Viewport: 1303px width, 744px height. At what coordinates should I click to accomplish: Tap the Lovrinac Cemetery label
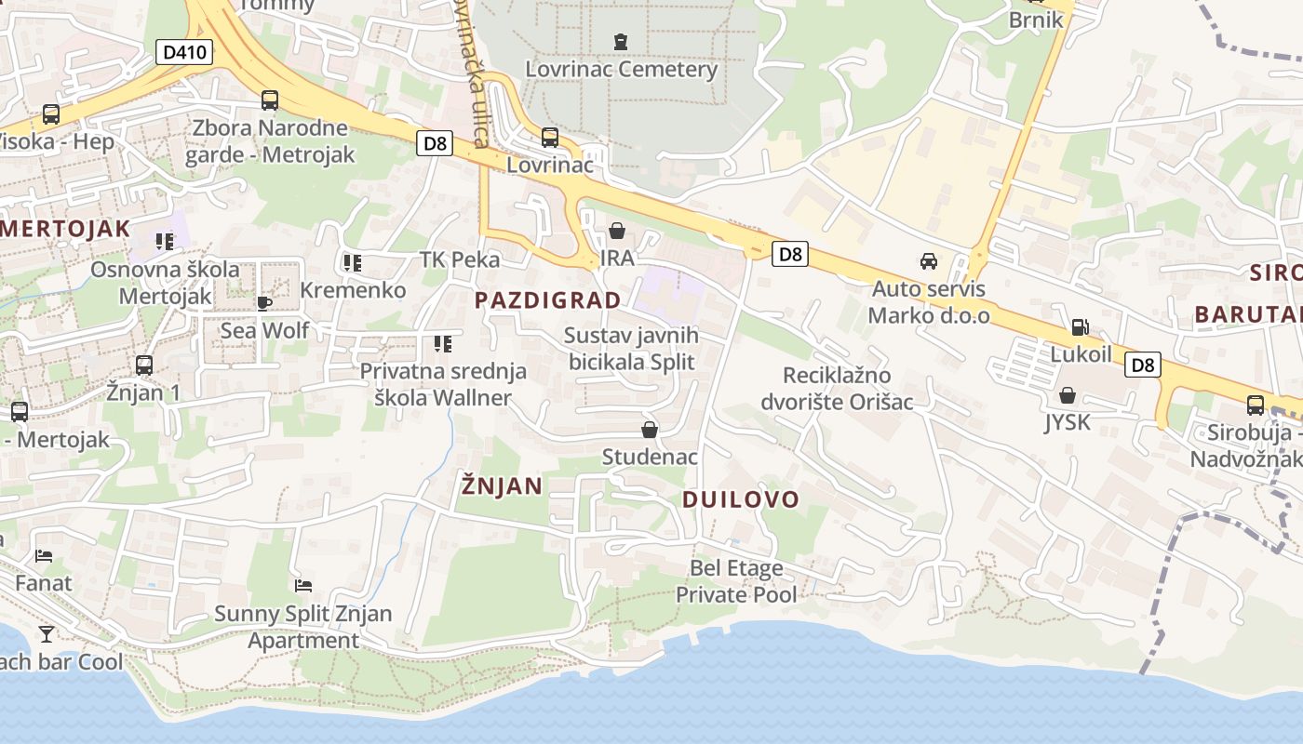[621, 69]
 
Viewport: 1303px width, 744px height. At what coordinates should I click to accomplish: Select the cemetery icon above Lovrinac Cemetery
[621, 41]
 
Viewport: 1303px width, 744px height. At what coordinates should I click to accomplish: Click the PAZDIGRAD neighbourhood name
[547, 299]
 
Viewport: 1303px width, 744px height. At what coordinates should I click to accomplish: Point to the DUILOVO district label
[741, 499]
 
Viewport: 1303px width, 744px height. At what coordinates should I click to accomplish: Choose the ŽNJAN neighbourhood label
[503, 485]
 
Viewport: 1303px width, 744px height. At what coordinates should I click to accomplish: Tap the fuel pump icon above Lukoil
[1080, 326]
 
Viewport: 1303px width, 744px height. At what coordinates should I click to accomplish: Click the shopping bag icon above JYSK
[1067, 395]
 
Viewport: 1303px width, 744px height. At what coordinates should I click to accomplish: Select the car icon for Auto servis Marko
[928, 260]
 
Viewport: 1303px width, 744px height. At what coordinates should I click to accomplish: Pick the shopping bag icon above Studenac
[650, 429]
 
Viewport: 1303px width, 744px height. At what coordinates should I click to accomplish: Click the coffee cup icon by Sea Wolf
[264, 302]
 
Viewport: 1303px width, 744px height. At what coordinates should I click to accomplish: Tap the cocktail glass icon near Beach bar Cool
[47, 634]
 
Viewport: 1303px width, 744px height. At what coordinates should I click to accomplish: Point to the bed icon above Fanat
[44, 556]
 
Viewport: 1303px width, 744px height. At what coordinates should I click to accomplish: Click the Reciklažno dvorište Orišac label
[837, 389]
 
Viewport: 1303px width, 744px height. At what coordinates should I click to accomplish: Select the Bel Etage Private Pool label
[736, 581]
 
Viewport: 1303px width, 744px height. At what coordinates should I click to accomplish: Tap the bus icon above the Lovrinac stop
[550, 138]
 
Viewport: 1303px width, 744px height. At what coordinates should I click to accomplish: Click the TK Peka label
[460, 259]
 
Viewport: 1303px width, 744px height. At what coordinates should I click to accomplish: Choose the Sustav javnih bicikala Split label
[631, 348]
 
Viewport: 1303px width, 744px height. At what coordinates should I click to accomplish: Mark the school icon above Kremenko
[352, 263]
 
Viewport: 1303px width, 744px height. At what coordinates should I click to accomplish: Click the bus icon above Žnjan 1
[143, 365]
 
